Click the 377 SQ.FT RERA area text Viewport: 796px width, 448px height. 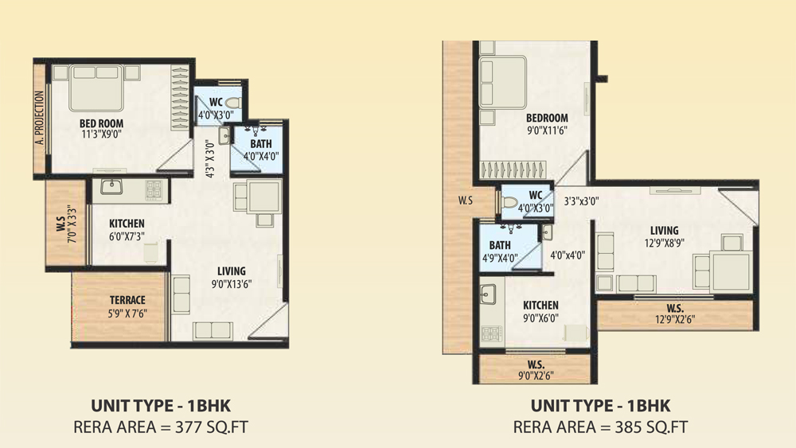(x=212, y=427)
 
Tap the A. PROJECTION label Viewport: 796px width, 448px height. (x=40, y=118)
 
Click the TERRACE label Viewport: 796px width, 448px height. (x=127, y=300)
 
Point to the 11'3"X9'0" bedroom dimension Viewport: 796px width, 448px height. (x=102, y=134)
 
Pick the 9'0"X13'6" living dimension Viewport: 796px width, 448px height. (x=232, y=283)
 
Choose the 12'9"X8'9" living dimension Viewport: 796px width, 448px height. (x=665, y=243)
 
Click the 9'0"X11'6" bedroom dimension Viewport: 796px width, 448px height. (x=547, y=131)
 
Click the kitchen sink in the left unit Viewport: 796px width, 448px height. (x=111, y=187)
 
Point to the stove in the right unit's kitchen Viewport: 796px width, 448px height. (x=491, y=333)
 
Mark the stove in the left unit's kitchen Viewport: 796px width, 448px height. (x=154, y=189)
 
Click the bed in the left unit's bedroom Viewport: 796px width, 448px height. (x=96, y=88)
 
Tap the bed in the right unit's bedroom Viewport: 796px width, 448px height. (x=502, y=82)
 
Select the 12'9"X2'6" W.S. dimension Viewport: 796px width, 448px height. (x=675, y=319)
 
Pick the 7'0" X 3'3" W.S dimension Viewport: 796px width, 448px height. (x=72, y=224)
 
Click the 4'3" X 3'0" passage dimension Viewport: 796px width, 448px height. (x=210, y=158)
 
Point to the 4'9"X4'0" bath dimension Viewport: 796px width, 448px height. (x=500, y=258)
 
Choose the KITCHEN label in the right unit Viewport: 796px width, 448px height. (x=540, y=306)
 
